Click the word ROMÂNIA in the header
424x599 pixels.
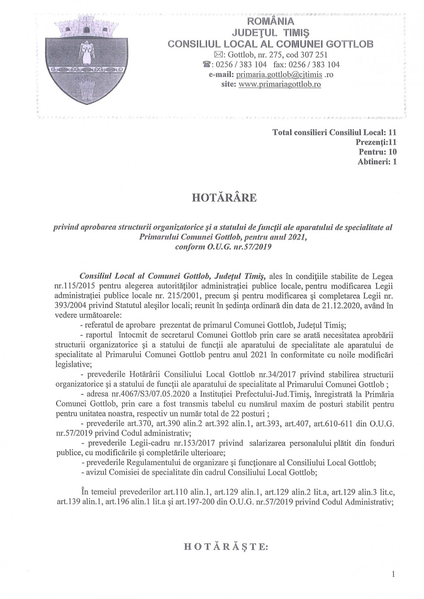(270, 21)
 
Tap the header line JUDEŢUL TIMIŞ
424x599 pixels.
(270, 33)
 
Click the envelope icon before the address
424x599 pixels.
(217, 54)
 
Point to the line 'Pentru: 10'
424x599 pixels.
(377, 151)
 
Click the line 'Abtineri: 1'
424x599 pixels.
(376, 162)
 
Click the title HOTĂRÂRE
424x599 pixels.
(224, 198)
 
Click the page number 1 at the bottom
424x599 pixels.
(393, 574)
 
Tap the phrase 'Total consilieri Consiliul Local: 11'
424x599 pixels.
(334, 132)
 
